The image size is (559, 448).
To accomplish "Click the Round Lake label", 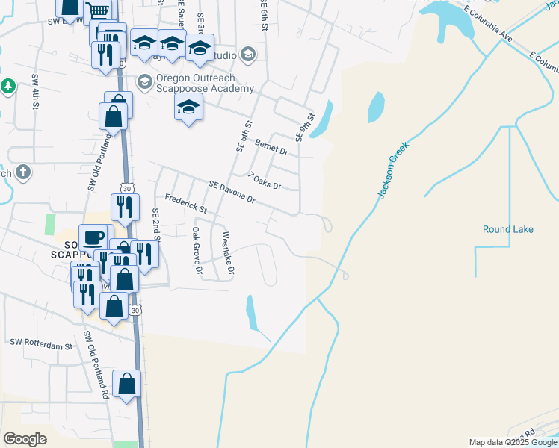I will click(x=508, y=229).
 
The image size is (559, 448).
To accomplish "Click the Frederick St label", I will click(x=185, y=205).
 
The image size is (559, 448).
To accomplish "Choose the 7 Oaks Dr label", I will click(x=265, y=181).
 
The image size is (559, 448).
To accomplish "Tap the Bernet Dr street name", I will click(x=271, y=146).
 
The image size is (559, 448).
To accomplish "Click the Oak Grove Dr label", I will click(x=197, y=250).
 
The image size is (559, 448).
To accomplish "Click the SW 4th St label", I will click(x=35, y=91).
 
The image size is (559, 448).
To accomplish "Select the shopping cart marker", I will click(x=97, y=13).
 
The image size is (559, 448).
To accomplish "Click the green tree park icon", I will click(x=8, y=86).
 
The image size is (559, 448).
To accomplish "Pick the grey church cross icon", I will click(x=23, y=173).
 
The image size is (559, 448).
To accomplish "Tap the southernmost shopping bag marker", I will click(x=127, y=385).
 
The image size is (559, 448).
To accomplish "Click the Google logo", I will click(x=25, y=438).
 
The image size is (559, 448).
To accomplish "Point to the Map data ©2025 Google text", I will click(x=512, y=442).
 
